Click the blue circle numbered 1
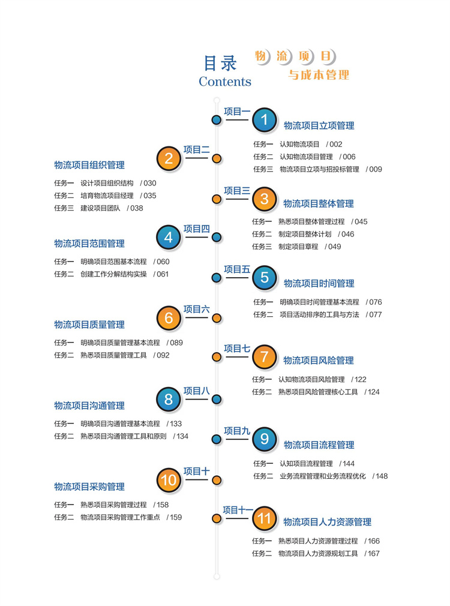(264, 120)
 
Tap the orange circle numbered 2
(169, 158)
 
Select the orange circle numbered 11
(264, 518)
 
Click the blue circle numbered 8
(169, 399)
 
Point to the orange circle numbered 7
(264, 357)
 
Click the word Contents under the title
(225, 82)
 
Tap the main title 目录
(221, 63)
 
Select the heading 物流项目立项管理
(319, 125)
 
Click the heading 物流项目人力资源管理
(327, 522)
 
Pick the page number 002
(335, 144)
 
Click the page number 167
(373, 553)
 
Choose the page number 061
(163, 274)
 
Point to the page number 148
(382, 476)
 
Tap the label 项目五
(237, 269)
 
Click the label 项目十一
(238, 510)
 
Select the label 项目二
(196, 150)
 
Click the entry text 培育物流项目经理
(107, 196)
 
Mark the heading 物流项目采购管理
(89, 486)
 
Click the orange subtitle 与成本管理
(319, 76)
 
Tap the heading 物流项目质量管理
(89, 325)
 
